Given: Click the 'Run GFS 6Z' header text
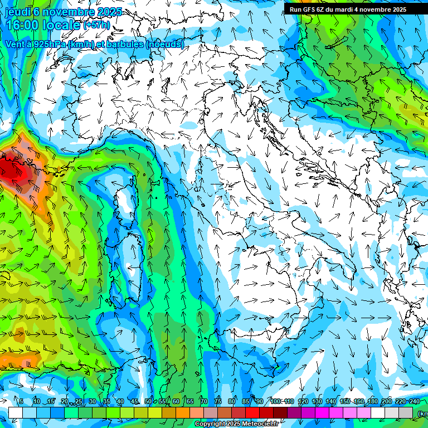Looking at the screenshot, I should [x=307, y=9].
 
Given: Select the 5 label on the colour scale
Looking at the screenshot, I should [x=21, y=402].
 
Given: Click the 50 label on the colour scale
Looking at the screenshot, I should [x=148, y=402].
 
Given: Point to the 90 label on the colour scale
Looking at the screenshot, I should [x=260, y=402].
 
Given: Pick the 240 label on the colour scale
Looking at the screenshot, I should [x=415, y=402].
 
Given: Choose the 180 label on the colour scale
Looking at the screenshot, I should [x=372, y=402].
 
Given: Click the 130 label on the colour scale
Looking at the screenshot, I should [x=317, y=402].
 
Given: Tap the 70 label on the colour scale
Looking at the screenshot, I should [x=204, y=402].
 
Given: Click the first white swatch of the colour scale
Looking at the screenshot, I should [x=15, y=412].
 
